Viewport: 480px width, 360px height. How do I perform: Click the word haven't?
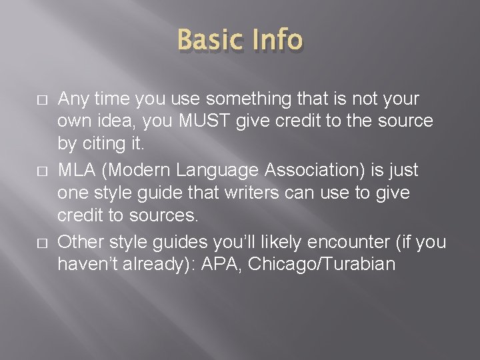[87, 265]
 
